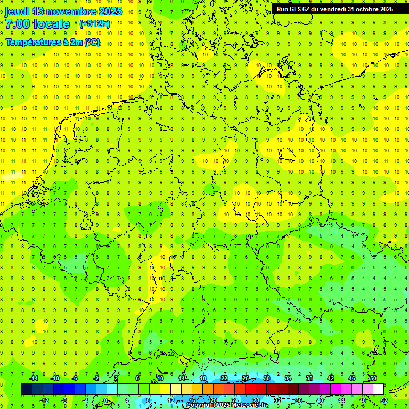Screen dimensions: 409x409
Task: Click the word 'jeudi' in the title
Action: pos(18,11)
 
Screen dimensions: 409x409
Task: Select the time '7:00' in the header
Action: pos(17,24)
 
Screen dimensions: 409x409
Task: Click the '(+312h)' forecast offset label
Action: pos(95,24)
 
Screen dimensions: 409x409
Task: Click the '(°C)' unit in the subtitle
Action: pos(92,43)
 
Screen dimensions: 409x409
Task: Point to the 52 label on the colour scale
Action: pos(383,400)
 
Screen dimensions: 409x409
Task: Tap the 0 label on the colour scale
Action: pos(105,400)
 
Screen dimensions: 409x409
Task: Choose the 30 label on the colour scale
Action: pos(266,378)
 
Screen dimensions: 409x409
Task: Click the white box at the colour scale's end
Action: pos(378,389)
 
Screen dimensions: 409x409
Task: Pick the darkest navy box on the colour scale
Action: pos(27,389)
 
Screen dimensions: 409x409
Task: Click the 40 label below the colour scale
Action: pos(320,400)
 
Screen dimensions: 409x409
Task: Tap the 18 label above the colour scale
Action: pos(202,378)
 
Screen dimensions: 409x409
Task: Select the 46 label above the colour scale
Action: pos(351,378)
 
